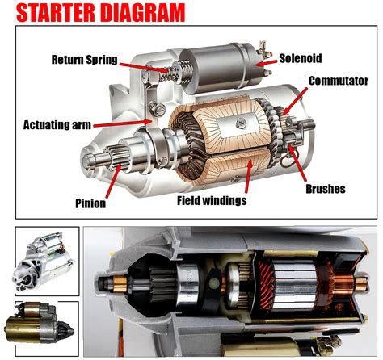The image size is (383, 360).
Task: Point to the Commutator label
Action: click(x=338, y=81)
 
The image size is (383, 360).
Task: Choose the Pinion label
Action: click(x=90, y=203)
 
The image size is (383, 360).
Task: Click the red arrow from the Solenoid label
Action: click(x=266, y=61)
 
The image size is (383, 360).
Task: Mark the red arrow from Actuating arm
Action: click(x=129, y=123)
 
